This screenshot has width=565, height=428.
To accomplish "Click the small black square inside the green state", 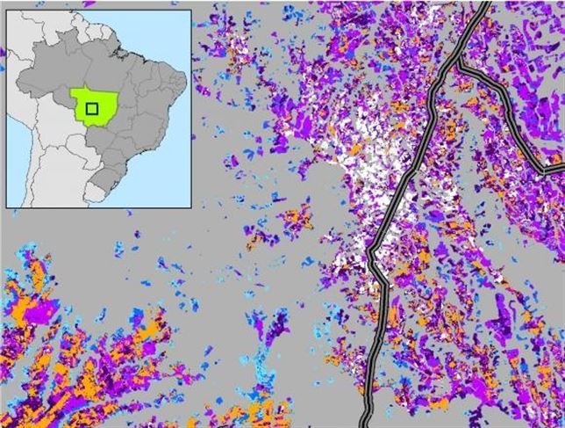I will (91, 108).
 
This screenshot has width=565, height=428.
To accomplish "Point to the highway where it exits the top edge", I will (484, 4).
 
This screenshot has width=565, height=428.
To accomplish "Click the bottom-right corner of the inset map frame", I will (190, 207).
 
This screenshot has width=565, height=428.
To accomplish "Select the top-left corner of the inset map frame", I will (7, 8).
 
